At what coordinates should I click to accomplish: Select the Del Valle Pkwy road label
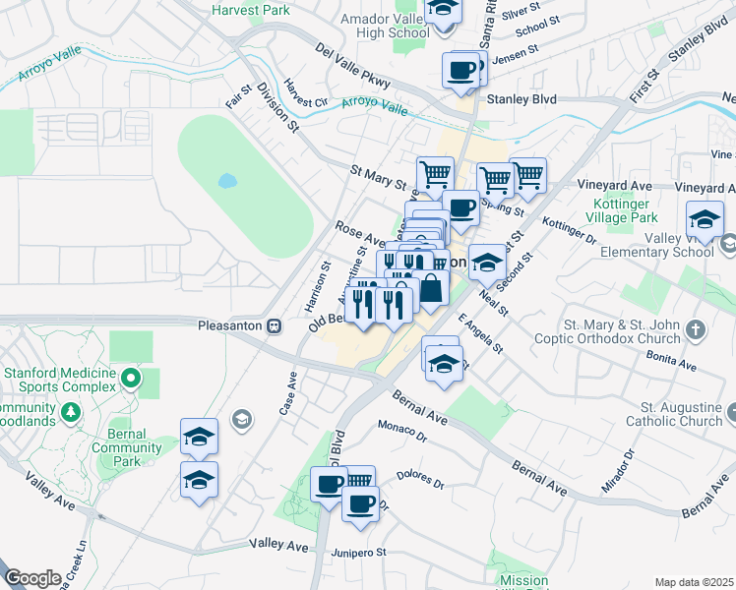(353, 65)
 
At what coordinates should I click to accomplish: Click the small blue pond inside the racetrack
(227, 181)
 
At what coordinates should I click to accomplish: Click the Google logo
(32, 578)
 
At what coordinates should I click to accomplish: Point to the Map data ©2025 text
(695, 582)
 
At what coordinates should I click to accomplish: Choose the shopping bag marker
(431, 288)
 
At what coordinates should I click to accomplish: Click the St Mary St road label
(378, 177)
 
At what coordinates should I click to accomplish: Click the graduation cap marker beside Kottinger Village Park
(705, 218)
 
